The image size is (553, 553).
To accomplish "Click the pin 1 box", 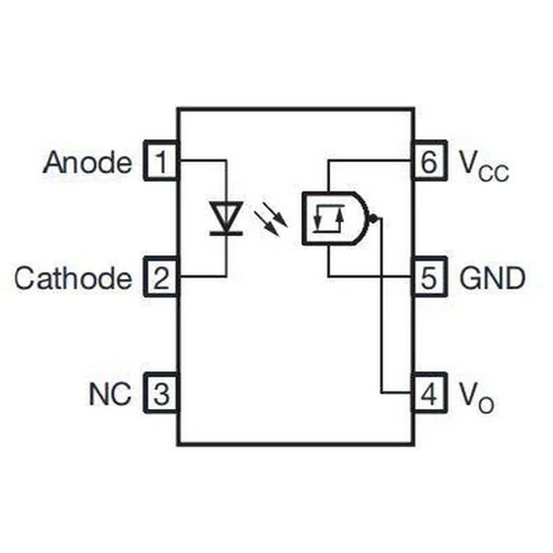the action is (160, 160).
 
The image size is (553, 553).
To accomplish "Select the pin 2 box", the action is (160, 277).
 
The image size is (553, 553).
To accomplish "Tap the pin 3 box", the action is (160, 393).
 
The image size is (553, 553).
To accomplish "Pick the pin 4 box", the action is (429, 393).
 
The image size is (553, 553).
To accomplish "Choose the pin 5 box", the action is (429, 277).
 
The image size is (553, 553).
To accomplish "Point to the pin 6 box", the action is (429, 160).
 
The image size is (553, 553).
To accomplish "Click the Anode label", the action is (88, 162).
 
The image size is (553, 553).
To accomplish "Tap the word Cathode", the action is (74, 278).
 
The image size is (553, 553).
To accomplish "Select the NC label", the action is (110, 394).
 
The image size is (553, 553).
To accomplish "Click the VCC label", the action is (484, 167).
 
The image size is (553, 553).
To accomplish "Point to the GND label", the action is (492, 278).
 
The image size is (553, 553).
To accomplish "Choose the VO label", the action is (477, 398).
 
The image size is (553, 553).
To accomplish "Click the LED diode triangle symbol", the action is (226, 215).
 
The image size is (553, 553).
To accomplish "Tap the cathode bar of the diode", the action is (226, 233).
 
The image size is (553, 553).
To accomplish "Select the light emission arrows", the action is (271, 221).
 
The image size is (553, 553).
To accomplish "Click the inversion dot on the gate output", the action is (371, 219).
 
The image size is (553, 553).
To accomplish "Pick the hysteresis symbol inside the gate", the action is (329, 218).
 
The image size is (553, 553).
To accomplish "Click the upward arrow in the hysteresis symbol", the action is (340, 219).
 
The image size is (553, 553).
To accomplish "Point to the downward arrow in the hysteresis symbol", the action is (317, 218).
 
